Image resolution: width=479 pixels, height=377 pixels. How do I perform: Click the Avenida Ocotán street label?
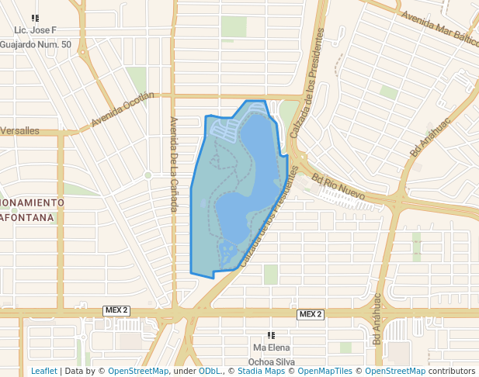[x=123, y=110]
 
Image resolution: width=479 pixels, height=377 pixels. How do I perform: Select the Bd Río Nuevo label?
[x=338, y=188]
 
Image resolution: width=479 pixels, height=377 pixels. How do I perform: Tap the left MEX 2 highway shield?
[x=115, y=311]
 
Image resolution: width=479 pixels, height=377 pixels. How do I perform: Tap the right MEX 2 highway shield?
[x=310, y=314]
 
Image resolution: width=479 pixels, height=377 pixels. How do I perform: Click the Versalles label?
[x=19, y=131]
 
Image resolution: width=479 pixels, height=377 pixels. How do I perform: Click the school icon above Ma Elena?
[x=271, y=335]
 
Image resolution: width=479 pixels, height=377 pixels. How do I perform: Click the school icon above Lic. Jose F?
[x=35, y=18]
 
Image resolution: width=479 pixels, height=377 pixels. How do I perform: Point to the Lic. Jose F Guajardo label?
[x=36, y=37]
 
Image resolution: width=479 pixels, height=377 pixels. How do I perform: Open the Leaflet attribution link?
[x=43, y=372]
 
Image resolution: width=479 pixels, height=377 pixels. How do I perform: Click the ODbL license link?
[x=210, y=372]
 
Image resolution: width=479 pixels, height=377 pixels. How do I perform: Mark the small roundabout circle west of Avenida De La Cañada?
[x=148, y=175]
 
